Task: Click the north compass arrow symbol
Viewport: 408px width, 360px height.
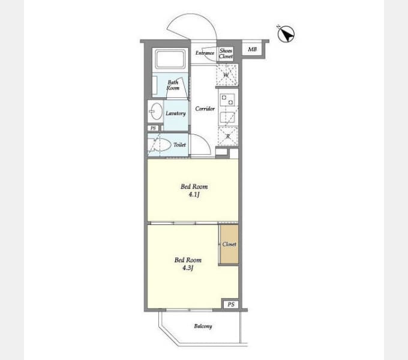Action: [x=286, y=34]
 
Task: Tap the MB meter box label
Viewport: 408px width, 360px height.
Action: [x=252, y=49]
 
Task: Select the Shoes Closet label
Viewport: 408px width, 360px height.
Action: [x=226, y=53]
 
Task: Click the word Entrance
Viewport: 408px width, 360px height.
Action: [x=205, y=53]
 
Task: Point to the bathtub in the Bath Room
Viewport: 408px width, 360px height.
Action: [x=170, y=59]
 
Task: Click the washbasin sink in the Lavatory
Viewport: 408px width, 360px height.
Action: [x=157, y=112]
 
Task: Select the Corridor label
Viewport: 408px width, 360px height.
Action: [x=205, y=109]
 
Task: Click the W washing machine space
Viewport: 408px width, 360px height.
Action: [x=227, y=75]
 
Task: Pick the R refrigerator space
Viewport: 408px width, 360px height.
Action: [x=228, y=136]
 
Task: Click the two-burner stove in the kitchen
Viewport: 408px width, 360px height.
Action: [x=227, y=100]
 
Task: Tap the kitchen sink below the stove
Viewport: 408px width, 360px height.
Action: [x=227, y=118]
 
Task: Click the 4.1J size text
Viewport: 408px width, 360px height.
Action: [x=194, y=194]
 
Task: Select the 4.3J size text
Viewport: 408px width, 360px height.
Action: [x=188, y=268]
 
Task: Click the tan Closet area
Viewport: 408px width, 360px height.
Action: [x=229, y=245]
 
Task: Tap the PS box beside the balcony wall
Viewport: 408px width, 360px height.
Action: [x=231, y=304]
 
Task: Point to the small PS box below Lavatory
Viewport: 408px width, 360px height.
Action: [x=153, y=128]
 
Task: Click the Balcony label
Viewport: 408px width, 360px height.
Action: [x=203, y=326]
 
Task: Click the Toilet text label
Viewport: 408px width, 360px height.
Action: [x=179, y=145]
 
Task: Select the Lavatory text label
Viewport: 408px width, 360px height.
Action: [x=176, y=113]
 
